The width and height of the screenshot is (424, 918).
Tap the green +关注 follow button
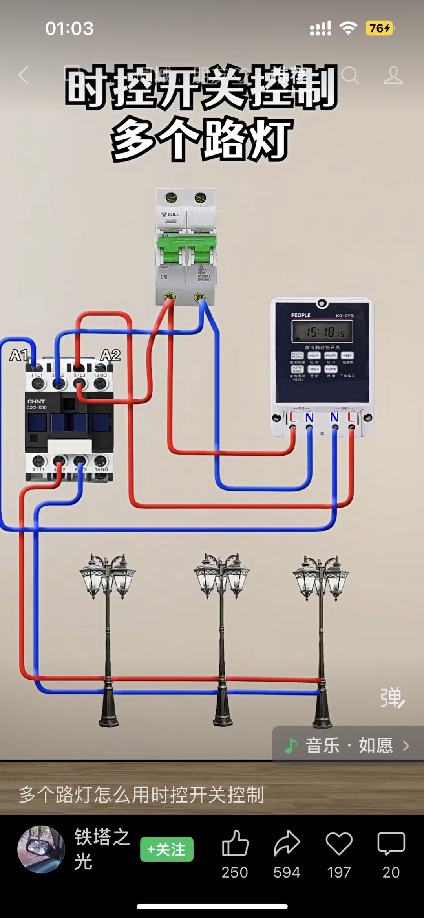(x=167, y=849)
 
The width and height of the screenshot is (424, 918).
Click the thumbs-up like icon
(x=235, y=843)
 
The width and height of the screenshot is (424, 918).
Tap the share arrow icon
(x=287, y=843)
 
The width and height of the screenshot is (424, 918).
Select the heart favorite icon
(x=339, y=843)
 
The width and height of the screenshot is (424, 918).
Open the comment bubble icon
(x=391, y=843)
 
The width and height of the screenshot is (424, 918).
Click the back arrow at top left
(x=24, y=75)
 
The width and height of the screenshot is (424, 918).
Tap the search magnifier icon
(x=350, y=75)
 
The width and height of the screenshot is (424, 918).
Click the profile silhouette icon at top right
(x=393, y=75)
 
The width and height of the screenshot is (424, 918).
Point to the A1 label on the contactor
(x=18, y=355)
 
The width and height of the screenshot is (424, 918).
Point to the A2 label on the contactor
(x=110, y=355)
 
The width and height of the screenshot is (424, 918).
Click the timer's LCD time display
(x=322, y=332)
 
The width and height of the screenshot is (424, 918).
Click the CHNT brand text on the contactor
(x=36, y=401)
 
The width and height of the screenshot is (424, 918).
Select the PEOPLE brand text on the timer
(x=301, y=315)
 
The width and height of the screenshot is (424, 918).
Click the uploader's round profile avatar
(x=41, y=849)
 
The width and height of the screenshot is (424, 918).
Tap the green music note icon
(x=291, y=746)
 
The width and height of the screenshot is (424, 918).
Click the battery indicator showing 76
(x=380, y=28)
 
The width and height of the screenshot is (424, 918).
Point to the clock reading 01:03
(x=69, y=28)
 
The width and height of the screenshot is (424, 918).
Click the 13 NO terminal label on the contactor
(x=101, y=376)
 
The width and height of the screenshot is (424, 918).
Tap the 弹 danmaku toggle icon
(x=392, y=698)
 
